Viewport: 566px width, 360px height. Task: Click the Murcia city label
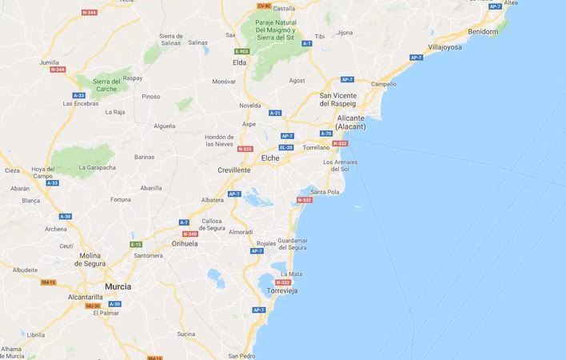tap(118, 286)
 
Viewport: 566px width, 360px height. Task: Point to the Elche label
tap(270, 158)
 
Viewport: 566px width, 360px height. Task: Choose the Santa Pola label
tap(325, 192)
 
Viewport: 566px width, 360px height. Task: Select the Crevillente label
tap(234, 170)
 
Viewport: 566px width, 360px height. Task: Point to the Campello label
tap(384, 84)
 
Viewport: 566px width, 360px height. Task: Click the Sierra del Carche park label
tap(112, 85)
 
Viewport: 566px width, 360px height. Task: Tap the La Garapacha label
tap(97, 167)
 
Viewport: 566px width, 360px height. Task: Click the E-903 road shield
tap(242, 51)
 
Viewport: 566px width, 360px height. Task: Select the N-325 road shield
tap(245, 149)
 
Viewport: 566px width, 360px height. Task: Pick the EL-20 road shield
tap(286, 147)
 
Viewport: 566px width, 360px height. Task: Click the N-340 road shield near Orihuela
tap(189, 234)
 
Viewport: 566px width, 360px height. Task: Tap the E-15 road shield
tap(136, 244)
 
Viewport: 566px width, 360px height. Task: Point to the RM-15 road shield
tap(48, 282)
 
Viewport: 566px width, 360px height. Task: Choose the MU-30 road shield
tap(93, 306)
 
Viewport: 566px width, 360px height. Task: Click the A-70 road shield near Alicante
tap(325, 134)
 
